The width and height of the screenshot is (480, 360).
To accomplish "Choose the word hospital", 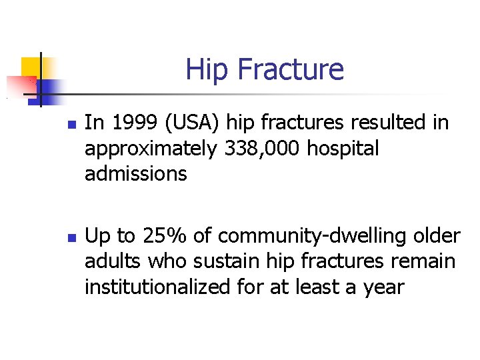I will pyautogui.click(x=343, y=149).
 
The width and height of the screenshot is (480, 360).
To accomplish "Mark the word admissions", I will pyautogui.click(x=135, y=174).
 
